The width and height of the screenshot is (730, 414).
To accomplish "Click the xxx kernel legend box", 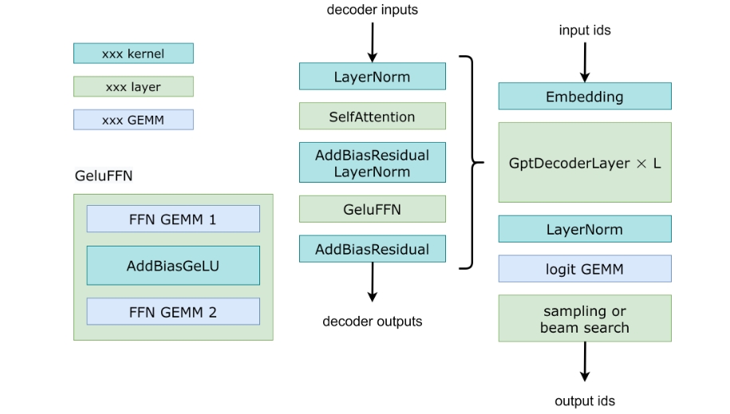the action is [133, 53].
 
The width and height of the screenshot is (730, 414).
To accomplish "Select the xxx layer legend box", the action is [133, 87].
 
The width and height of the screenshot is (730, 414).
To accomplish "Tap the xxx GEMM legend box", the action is [133, 120].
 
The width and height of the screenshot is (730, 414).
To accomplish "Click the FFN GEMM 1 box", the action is [173, 219].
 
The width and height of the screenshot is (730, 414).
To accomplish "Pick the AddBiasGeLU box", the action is [173, 266].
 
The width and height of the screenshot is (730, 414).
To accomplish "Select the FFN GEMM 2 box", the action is [173, 312].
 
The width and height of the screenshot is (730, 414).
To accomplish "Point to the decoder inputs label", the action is [373, 10].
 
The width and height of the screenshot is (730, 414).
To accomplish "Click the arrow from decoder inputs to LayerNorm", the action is [373, 42].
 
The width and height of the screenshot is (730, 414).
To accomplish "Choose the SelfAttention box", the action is [373, 116].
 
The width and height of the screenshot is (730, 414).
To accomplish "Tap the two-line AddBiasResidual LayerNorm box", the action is [373, 163].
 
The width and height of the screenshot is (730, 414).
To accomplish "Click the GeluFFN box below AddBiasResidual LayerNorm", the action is [373, 209].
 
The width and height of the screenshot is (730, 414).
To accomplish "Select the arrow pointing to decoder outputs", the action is [373, 282].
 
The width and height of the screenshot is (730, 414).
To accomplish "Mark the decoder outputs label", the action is [373, 321].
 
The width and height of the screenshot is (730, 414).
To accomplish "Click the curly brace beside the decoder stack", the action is [473, 163].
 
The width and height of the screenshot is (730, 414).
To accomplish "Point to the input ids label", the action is [585, 30].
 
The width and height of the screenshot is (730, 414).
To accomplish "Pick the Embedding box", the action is [585, 97].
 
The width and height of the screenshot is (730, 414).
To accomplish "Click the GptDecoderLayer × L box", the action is [585, 163].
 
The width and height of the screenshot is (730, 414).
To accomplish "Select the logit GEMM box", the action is [585, 269].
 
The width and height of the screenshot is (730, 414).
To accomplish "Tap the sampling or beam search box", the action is [585, 318].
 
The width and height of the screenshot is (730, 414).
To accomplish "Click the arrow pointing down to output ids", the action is [585, 362].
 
